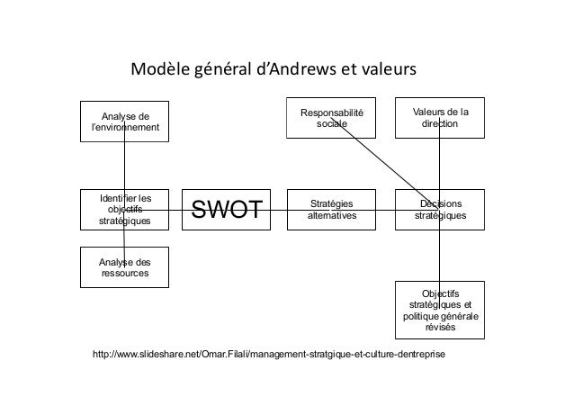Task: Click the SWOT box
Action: (x=226, y=210)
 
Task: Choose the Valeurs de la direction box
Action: (x=440, y=117)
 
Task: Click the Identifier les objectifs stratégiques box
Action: (x=124, y=209)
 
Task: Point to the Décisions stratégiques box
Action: (x=440, y=209)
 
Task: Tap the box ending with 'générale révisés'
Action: (x=440, y=311)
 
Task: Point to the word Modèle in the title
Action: (x=158, y=69)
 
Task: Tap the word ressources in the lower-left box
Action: (x=124, y=272)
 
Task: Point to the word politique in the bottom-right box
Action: (x=423, y=317)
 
